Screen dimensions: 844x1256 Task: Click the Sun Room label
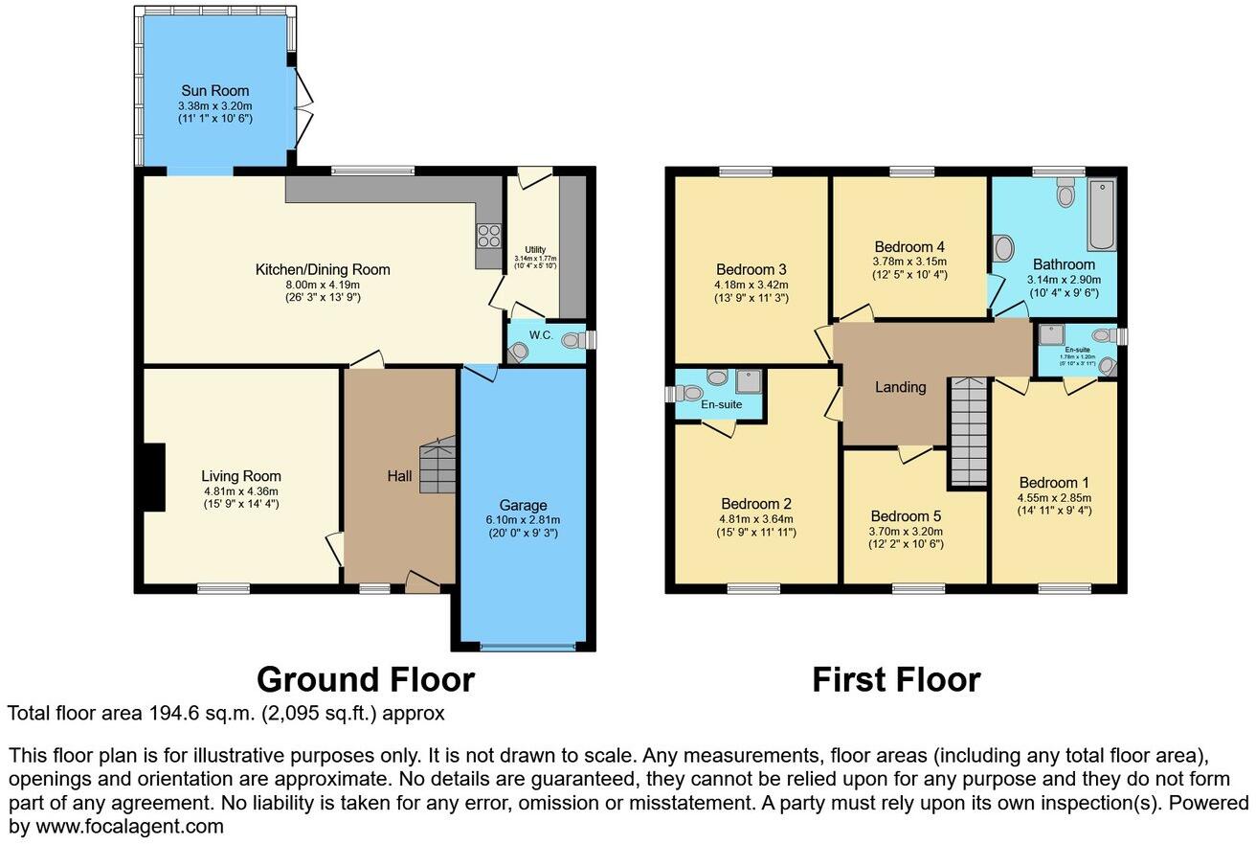coord(215,91)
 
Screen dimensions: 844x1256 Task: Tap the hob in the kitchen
coord(489,234)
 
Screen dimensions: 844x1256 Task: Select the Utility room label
coord(534,249)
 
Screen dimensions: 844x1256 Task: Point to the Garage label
coord(523,505)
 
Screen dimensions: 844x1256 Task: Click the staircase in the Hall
coord(437,467)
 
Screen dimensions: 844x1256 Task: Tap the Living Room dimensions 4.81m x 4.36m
coord(240,491)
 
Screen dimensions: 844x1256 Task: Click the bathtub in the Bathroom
coord(1101,214)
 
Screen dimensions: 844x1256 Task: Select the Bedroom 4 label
coord(908,246)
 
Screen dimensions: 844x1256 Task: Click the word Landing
coord(901,387)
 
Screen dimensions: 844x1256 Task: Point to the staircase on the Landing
coord(967,431)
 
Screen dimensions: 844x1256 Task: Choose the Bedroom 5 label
coord(906,516)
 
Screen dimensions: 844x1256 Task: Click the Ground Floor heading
coord(366,679)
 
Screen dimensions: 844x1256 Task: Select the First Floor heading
coord(896,679)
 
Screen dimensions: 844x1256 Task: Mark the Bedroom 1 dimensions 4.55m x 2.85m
coord(1053,498)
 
